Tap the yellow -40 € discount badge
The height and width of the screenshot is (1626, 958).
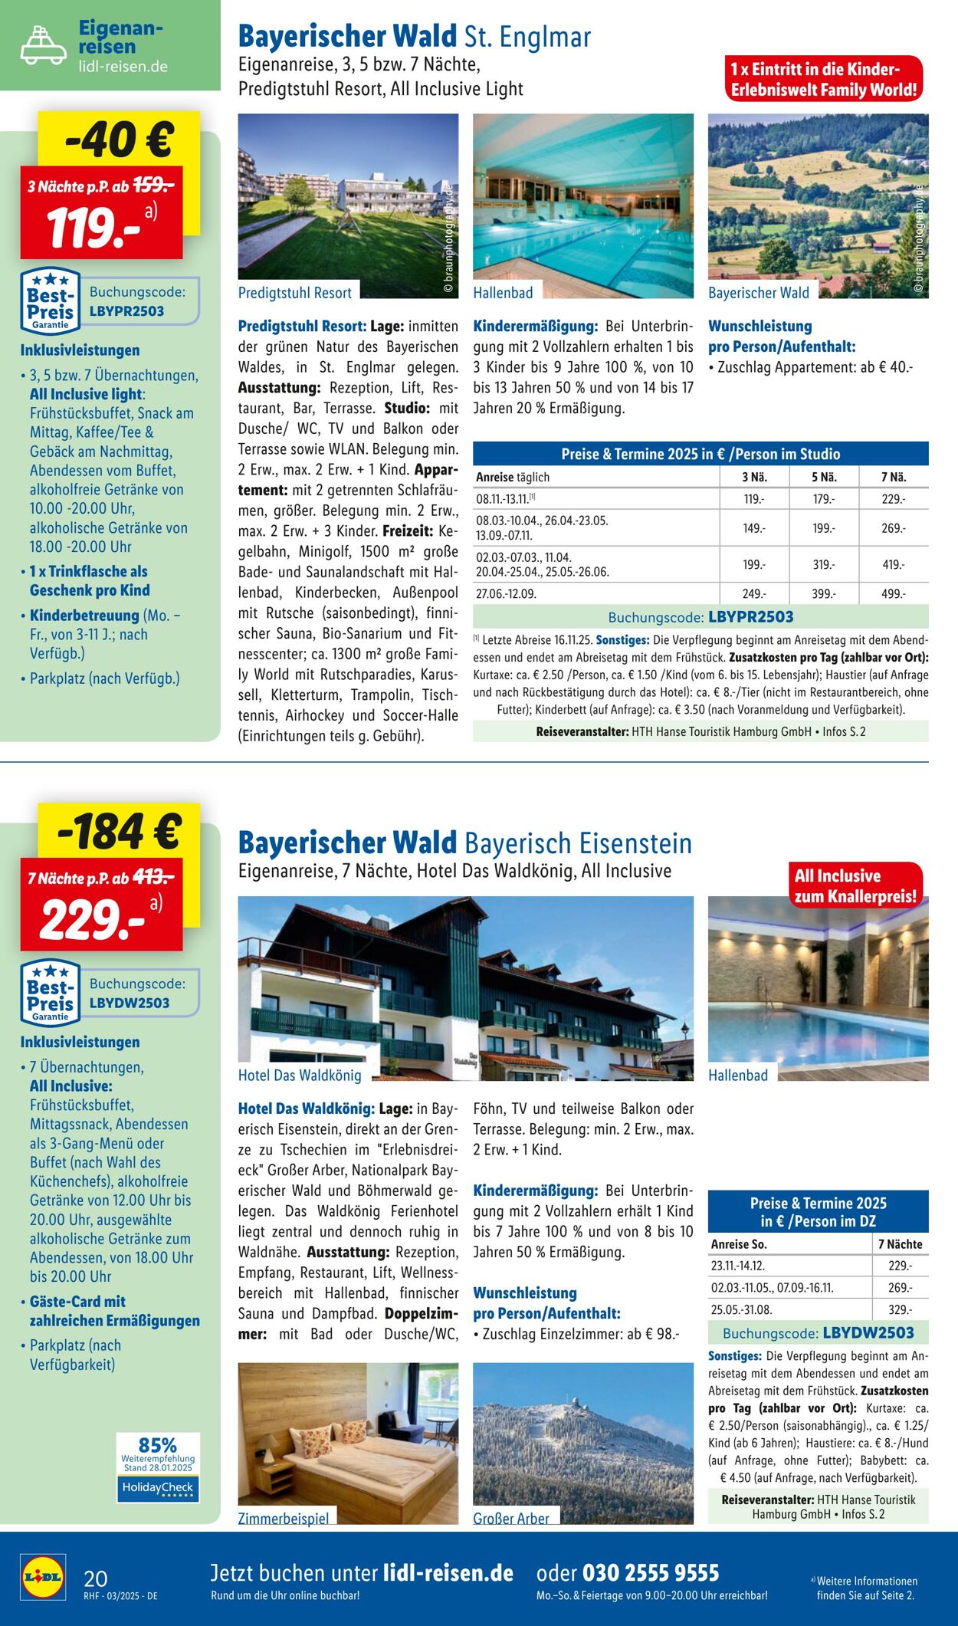(x=119, y=140)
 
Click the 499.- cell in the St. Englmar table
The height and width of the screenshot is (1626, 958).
(x=893, y=594)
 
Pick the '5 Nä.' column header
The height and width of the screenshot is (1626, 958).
(x=824, y=477)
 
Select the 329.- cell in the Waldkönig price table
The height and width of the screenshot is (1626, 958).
(x=900, y=1310)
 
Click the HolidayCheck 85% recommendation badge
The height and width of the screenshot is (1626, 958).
(x=158, y=1467)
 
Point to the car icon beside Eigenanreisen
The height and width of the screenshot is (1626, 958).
(x=43, y=44)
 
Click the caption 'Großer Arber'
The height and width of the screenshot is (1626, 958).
(x=511, y=1518)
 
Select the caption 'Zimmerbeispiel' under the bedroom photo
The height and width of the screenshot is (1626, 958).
(x=283, y=1518)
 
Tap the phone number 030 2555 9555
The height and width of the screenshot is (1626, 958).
(x=651, y=1572)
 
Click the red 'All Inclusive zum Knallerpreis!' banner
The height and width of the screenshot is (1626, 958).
(x=855, y=885)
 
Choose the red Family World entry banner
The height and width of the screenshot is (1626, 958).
(x=823, y=79)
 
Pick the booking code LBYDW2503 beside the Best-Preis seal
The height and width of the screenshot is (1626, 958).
(x=130, y=1003)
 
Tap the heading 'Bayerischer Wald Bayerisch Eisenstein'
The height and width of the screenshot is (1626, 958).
(x=464, y=843)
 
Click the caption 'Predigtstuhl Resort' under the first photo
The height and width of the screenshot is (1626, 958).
(x=294, y=293)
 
